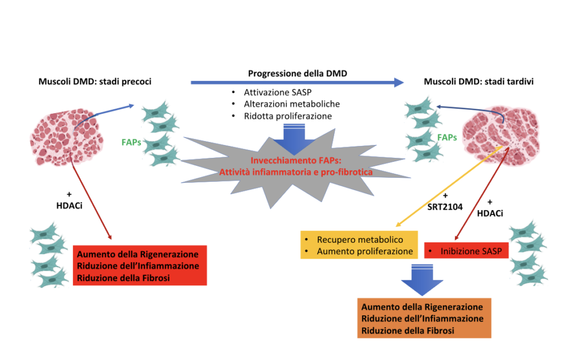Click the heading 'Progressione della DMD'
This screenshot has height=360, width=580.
[x=297, y=74]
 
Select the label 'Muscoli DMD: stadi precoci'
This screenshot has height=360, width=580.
[x=95, y=82]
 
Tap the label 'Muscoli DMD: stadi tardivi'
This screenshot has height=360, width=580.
[x=479, y=82]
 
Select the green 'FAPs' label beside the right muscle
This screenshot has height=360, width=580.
[x=447, y=136]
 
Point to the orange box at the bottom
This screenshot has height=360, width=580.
[x=424, y=319]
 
